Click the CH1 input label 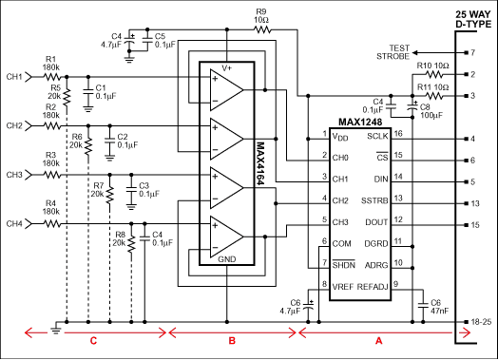pos(13,76)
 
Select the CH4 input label pos(13,224)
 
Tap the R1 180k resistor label pos(51,64)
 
